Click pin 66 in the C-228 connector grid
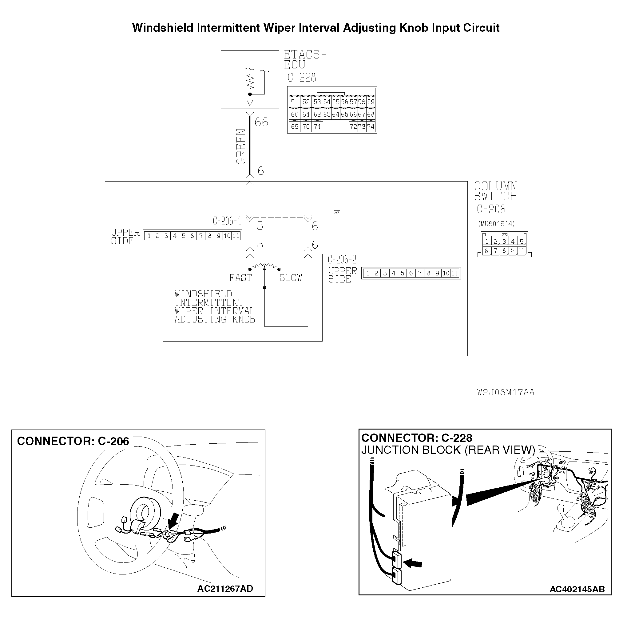coord(353,114)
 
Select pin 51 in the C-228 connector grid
coord(294,102)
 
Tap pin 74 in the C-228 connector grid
coord(371,127)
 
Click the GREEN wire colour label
coord(241,146)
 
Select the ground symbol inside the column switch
coord(337,212)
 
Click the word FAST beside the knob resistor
coord(240,278)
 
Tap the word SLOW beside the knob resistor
coord(291,278)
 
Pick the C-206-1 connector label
coord(227,221)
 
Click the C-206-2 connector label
coord(342,259)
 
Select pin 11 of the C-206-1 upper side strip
coord(236,236)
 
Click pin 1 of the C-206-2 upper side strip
coord(367,274)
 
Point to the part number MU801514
coord(496,224)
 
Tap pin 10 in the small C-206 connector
coord(522,251)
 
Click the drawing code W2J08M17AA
coord(506,393)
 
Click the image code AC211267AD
coord(225,589)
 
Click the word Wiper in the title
coord(279,28)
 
